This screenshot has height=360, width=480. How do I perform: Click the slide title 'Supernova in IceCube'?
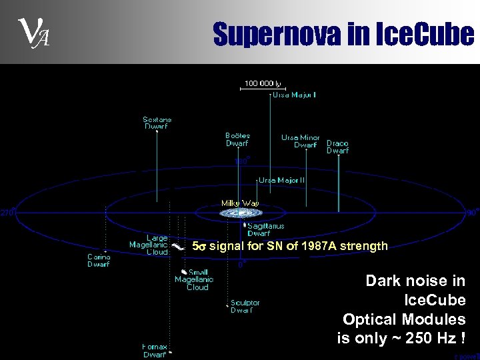point(343,34)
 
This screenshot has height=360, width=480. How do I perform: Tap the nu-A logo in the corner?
point(31,34)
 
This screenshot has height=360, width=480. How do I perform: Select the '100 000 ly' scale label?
point(263,83)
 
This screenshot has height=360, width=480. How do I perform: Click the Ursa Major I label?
point(294,95)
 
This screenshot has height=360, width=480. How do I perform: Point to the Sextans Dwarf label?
point(157,123)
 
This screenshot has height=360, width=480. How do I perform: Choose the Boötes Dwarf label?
point(237,139)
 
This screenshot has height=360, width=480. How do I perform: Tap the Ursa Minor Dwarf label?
point(300,141)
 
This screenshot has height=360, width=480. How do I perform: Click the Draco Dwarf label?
point(337,147)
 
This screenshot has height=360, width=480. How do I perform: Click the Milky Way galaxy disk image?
point(241,213)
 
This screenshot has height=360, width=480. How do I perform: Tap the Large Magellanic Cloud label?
point(148,245)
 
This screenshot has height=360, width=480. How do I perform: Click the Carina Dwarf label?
point(99,260)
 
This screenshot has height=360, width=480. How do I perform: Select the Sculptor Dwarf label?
point(245,306)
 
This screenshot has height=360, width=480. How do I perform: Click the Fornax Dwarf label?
point(155,351)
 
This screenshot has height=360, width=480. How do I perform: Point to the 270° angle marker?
point(7,213)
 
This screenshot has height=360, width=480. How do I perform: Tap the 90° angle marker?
point(471,213)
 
